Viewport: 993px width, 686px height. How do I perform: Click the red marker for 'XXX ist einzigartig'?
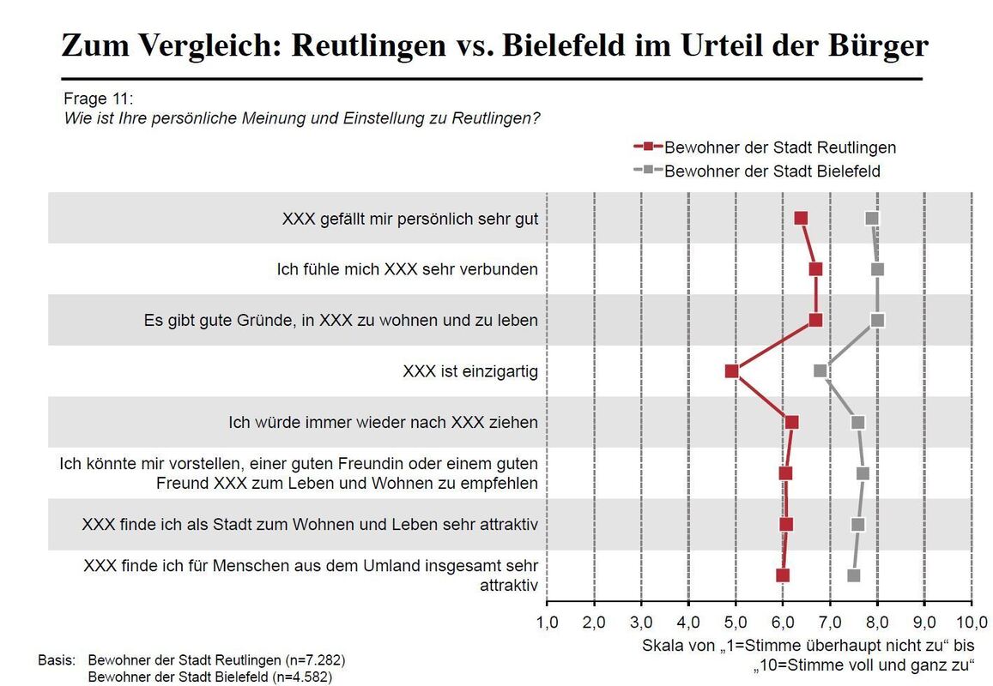(x=731, y=371)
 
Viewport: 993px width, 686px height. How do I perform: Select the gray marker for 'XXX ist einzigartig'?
(x=820, y=371)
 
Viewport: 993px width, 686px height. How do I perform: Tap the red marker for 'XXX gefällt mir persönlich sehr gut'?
(x=801, y=219)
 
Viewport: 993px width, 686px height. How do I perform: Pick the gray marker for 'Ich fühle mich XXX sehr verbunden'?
(x=877, y=269)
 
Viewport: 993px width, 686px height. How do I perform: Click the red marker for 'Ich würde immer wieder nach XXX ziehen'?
(x=791, y=422)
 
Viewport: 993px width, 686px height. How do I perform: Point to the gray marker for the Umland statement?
(x=853, y=575)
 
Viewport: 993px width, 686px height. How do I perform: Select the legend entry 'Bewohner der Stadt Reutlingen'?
(x=779, y=147)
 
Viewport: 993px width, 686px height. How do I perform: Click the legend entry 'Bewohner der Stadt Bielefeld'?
(x=772, y=171)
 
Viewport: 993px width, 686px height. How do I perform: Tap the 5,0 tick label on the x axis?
(x=736, y=620)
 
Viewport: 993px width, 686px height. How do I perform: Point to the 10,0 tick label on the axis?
(x=971, y=620)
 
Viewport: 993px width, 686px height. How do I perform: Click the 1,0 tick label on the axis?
(x=547, y=620)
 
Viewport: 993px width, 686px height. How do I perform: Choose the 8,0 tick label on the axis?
(x=877, y=620)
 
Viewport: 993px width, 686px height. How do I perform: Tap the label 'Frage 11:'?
(x=99, y=98)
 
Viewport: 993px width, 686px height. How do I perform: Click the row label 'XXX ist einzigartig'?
(x=470, y=371)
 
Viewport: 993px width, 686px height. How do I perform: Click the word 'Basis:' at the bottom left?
(x=58, y=661)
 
